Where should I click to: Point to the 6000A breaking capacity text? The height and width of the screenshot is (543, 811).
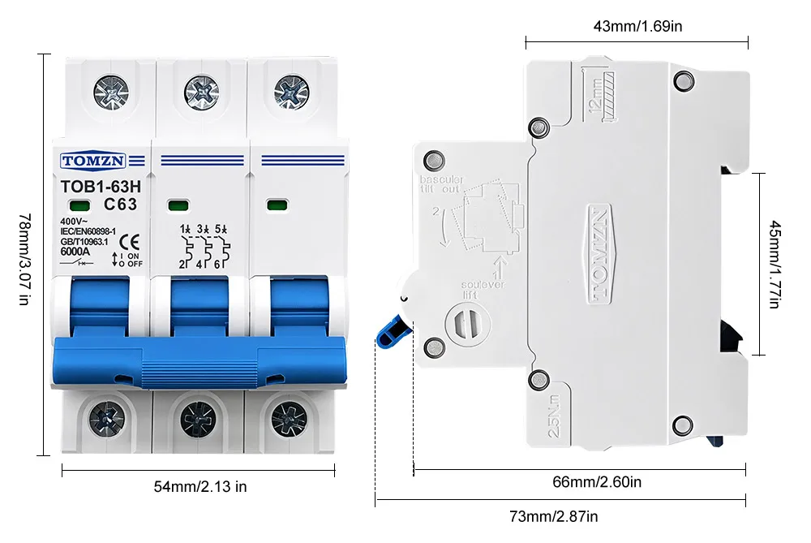click(75, 251)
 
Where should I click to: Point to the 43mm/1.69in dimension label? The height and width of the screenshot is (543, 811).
click(637, 26)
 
